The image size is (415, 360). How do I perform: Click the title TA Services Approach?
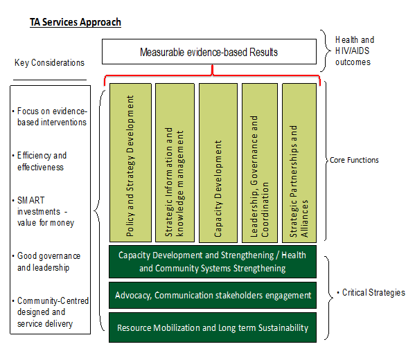pos(76,22)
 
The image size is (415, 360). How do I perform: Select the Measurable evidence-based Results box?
pos(209,52)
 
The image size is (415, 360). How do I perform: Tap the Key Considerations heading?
pos(49,63)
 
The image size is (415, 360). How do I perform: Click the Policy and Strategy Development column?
pos(130,163)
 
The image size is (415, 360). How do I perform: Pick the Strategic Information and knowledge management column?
pos(175,163)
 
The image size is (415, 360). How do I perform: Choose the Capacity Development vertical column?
pos(218,163)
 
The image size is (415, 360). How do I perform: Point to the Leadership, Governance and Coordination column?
pos(260,163)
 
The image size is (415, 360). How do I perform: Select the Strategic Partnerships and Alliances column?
pos(299,163)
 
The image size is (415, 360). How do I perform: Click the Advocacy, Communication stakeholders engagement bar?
pos(213,295)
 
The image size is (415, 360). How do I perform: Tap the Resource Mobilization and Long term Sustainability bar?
pos(213,327)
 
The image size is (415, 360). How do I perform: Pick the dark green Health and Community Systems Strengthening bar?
pos(213,262)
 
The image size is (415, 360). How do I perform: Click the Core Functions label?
pos(354,160)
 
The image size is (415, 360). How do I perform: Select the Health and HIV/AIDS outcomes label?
pos(355,51)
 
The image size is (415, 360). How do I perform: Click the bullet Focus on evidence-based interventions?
pos(50,116)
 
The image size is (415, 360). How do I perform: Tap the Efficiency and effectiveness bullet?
pos(39,161)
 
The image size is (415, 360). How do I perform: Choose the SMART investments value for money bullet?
pos(43,211)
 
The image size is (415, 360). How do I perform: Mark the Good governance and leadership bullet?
pos(46,262)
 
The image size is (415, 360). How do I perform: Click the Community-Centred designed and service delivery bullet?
pos(51,312)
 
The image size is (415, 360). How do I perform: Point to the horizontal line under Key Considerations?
pos(50,80)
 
